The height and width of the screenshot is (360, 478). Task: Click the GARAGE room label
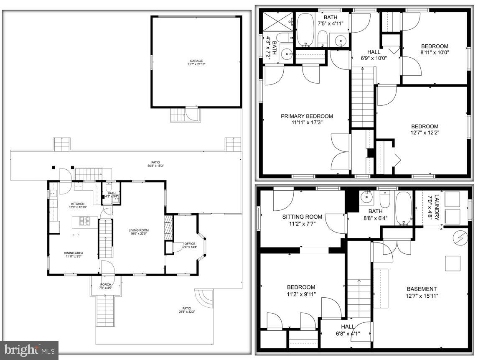coord(196,61)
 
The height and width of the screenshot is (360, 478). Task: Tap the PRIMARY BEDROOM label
coord(307,116)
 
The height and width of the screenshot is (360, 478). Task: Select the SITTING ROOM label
coord(302,217)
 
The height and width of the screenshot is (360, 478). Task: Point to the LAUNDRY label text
coord(437,208)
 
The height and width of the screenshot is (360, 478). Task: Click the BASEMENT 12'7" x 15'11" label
coord(422,289)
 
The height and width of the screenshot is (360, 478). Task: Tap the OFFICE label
coord(190,244)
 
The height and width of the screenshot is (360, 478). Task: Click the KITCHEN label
coord(78,204)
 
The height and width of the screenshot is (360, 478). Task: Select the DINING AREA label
coord(72,253)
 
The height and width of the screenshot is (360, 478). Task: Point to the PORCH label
coord(105,285)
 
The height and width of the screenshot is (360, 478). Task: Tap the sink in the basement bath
coord(366,196)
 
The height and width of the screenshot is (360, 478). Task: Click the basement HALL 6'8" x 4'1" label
coord(347,330)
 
